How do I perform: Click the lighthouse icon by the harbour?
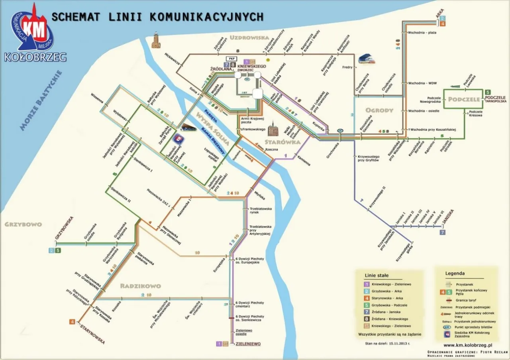tap(157, 41)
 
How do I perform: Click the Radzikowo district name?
tap(140, 286)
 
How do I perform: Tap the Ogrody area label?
tap(379, 110)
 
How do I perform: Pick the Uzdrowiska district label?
tap(250, 38)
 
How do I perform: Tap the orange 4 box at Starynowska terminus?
tap(73, 321)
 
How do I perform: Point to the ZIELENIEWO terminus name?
tap(248, 343)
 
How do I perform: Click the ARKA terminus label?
tap(440, 14)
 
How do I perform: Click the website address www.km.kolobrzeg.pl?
tap(468, 345)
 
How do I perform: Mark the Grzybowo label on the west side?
tap(23, 224)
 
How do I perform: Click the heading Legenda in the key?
tap(455, 273)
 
